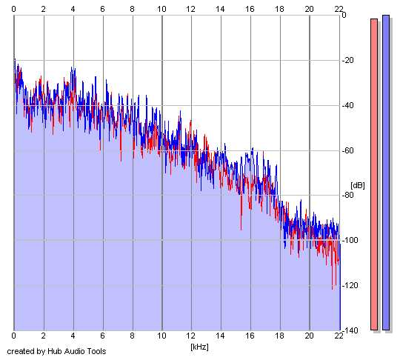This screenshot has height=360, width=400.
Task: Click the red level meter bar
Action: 374,174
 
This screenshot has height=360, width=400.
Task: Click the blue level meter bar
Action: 386,173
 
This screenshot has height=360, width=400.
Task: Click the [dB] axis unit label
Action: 358,185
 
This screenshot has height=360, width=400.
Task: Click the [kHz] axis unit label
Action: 199,347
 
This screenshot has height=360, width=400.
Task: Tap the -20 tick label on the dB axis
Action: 347,61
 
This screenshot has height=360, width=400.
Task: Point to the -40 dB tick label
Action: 347,105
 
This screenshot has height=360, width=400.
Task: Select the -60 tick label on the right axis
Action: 347,150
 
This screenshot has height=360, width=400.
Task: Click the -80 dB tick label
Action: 347,196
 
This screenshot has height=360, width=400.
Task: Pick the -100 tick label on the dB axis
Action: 350,240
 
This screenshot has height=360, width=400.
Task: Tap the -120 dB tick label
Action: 350,285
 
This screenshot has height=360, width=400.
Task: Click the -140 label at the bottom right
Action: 350,330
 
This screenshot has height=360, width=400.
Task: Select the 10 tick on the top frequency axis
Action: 161,9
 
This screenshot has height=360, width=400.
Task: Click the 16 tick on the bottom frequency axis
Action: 250,336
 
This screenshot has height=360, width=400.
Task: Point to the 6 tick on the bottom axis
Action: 102,336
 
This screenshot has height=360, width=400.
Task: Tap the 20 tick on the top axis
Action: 309,9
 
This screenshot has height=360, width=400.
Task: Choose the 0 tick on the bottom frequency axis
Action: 14,336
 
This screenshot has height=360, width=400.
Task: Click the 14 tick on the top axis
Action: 221,9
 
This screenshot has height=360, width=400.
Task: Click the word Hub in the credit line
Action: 55,351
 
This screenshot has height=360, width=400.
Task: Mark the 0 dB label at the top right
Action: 344,15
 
